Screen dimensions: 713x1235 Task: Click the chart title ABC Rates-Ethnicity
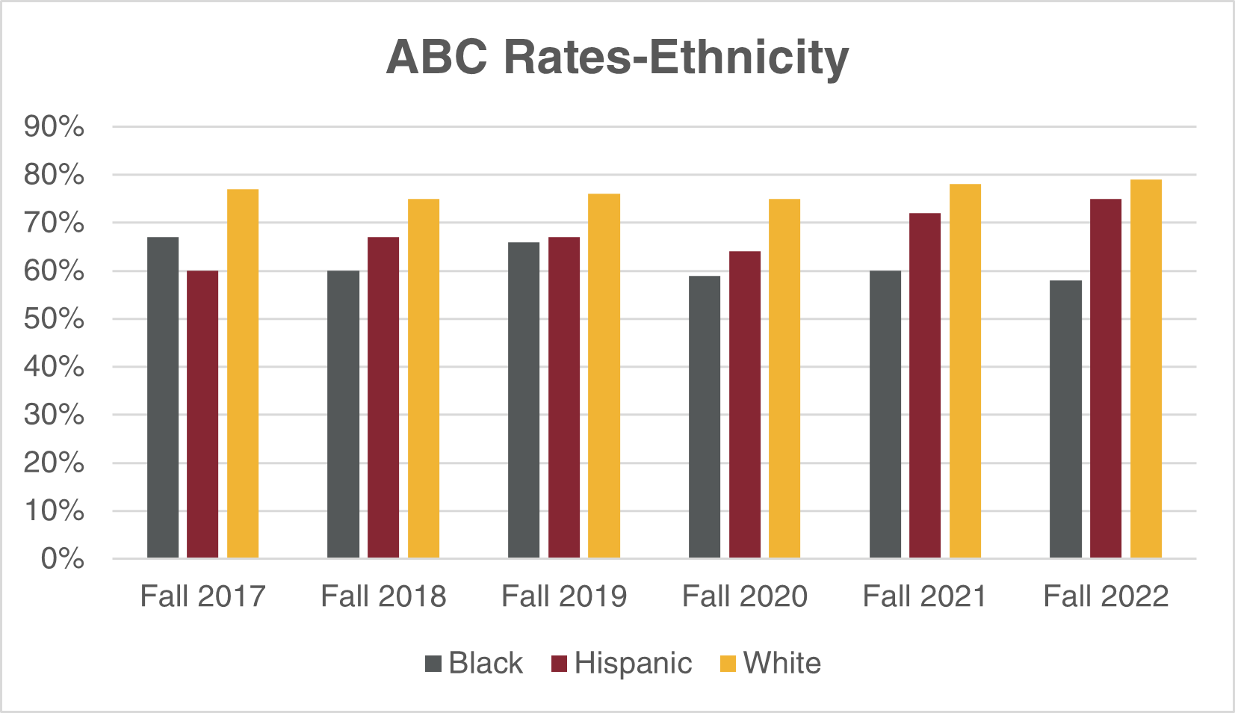click(x=617, y=57)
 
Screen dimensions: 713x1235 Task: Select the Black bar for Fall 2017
click(x=163, y=398)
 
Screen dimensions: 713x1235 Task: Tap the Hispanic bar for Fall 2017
click(x=202, y=414)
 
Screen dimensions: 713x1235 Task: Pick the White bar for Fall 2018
click(x=424, y=378)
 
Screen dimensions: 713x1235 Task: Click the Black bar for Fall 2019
click(x=524, y=400)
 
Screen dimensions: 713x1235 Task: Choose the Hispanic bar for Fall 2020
click(x=745, y=404)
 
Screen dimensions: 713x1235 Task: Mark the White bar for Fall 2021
click(x=965, y=371)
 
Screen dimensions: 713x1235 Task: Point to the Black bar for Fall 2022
click(x=1065, y=419)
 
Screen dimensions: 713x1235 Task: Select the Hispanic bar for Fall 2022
click(x=1106, y=378)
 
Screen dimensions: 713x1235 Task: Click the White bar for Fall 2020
click(x=784, y=378)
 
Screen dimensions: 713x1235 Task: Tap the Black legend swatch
click(x=433, y=664)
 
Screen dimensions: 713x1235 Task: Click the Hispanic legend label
click(x=633, y=664)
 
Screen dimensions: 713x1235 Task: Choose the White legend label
click(x=782, y=664)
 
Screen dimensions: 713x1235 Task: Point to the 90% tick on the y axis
click(x=54, y=127)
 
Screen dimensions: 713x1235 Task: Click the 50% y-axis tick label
click(x=54, y=319)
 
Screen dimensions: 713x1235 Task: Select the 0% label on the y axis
click(x=62, y=558)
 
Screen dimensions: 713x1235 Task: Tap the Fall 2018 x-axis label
click(x=383, y=596)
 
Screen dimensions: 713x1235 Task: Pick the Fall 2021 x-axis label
click(x=925, y=596)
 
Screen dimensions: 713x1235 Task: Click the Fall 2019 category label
click(x=564, y=596)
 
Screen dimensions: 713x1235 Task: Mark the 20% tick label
click(x=54, y=463)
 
